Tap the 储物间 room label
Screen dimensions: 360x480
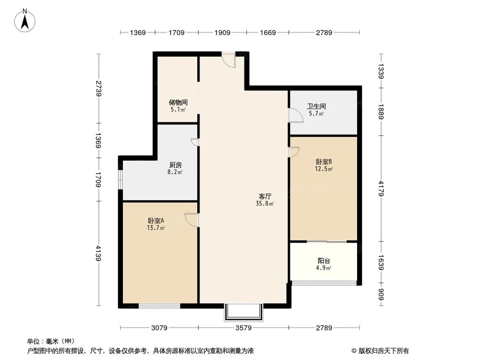(178, 103)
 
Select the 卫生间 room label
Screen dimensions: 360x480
(316, 107)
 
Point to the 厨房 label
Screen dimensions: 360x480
(175, 164)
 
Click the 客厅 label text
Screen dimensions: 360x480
(265, 196)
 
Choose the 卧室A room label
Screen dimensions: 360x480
(156, 221)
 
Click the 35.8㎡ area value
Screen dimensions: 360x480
(265, 204)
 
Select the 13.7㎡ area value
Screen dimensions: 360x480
(156, 228)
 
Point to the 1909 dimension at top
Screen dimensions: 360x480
(222, 33)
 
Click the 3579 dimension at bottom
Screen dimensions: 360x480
(244, 328)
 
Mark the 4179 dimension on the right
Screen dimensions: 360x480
(381, 188)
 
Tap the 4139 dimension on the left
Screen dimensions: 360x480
(99, 253)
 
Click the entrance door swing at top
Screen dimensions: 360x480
(229, 60)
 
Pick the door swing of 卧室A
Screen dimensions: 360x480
(191, 219)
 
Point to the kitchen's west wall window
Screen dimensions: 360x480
(120, 179)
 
